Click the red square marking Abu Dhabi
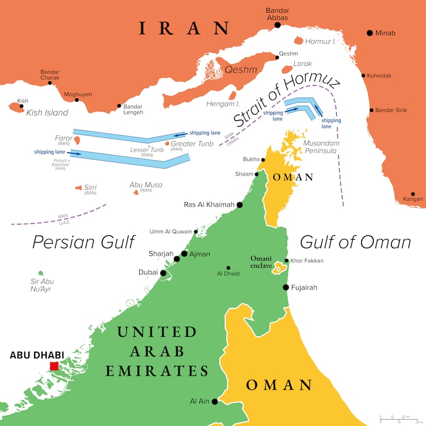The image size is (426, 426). coord(54,366)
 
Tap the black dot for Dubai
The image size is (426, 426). coord(164,273)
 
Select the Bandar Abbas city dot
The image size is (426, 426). coord(278,25)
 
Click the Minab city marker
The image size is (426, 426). coord(370,33)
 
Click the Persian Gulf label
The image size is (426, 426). coord(82,242)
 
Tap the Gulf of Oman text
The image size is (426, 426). coord(355,242)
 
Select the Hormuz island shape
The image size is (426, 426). coord(299,40)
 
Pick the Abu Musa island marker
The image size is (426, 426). coord(136,193)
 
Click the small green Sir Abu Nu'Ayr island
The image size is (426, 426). coord(40,274)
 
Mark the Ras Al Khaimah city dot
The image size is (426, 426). coord(240,205)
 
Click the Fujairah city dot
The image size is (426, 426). coord(285,287)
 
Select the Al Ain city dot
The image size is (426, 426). coord(215,402)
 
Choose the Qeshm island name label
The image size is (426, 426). coord(241,70)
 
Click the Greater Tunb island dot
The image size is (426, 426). coord(166,144)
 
